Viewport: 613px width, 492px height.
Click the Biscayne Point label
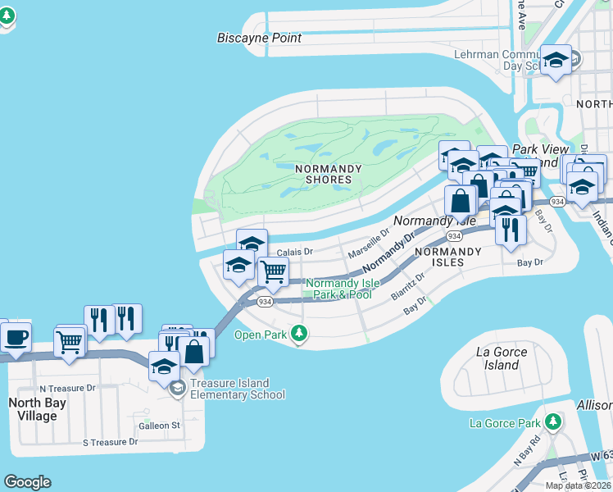click(x=259, y=38)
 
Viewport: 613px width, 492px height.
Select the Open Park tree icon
click(x=300, y=333)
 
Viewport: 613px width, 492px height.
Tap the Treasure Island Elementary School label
click(x=237, y=389)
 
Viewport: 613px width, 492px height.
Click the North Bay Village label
click(x=33, y=409)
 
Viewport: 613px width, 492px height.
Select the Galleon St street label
click(x=159, y=426)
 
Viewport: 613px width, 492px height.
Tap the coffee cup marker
click(x=15, y=336)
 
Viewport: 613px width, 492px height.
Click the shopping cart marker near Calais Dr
click(x=273, y=271)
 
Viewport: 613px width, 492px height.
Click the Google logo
click(x=27, y=482)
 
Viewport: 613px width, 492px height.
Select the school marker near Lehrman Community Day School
click(x=556, y=60)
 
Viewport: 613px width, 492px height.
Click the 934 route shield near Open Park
click(x=265, y=302)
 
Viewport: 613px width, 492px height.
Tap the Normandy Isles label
click(x=440, y=257)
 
